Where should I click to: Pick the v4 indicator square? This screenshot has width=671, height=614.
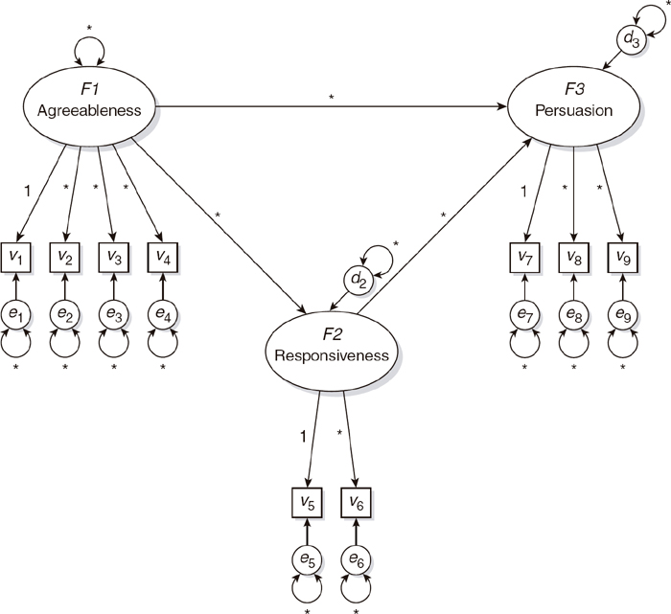click(162, 258)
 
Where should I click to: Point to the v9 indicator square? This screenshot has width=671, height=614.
click(620, 258)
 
